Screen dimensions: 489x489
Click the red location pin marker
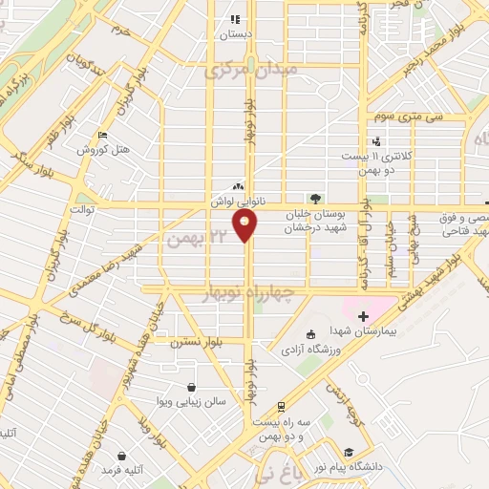245,226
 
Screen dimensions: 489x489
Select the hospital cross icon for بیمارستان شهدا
362,315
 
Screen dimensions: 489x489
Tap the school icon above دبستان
234,18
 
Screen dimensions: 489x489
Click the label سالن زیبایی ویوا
192,402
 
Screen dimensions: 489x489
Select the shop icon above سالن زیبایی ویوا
193,388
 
